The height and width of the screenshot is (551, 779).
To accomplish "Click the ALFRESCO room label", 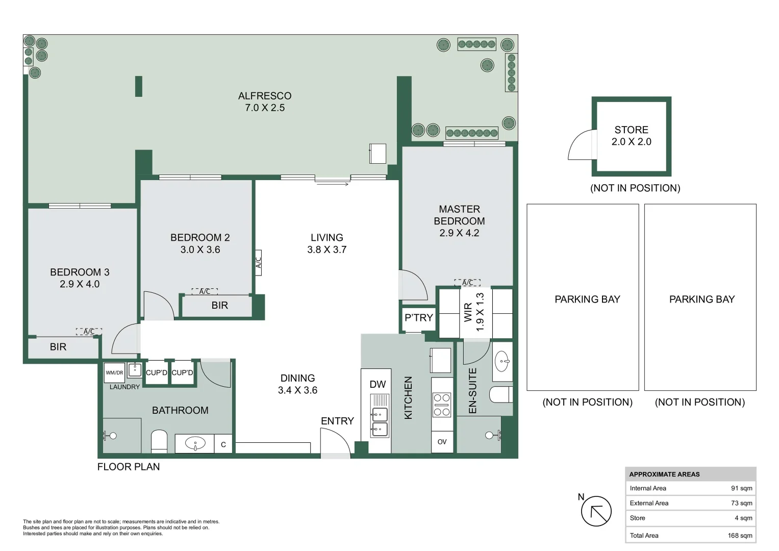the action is [265, 96].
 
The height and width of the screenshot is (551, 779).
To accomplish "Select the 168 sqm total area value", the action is [740, 535].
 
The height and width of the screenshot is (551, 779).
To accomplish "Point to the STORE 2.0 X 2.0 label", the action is [631, 136].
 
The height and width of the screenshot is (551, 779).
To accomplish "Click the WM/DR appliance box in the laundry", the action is [114, 372].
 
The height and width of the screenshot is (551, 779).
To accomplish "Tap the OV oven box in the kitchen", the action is [442, 442].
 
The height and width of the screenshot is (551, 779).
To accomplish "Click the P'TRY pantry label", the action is [419, 317].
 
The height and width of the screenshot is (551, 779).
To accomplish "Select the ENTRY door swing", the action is [335, 441].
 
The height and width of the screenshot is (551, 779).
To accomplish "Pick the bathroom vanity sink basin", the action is [195, 443].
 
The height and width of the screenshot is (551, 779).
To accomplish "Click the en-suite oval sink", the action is [502, 361].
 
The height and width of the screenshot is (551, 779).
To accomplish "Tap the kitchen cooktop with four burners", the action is [442, 405].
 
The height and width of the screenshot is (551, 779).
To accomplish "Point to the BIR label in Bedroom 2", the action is [220, 306].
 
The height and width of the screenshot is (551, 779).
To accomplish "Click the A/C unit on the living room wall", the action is [259, 263].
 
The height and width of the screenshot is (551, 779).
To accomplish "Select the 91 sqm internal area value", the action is [741, 488].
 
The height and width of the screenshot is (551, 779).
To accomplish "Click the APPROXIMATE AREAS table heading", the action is [664, 474].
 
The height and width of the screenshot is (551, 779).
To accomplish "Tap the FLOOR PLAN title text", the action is [129, 467].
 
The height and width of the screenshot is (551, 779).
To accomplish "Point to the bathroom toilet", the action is [159, 441].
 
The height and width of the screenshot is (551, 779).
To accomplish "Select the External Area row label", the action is [649, 503].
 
